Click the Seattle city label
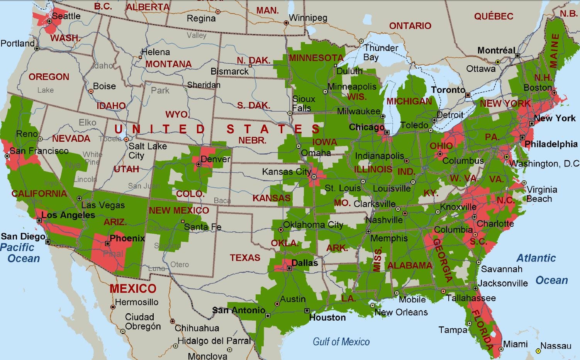[66, 16]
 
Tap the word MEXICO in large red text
[133, 289]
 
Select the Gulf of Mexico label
[341, 341]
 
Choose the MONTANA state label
[168, 64]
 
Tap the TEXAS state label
[245, 258]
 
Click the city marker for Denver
[198, 164]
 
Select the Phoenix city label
[127, 238]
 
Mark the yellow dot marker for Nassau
[538, 351]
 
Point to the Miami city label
[515, 344]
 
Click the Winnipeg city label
[308, 18]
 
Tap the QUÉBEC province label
[494, 16]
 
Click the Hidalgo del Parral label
[214, 341]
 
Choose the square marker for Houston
[307, 311]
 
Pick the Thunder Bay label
[380, 53]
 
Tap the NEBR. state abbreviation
[252, 140]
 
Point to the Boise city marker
[91, 92]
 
